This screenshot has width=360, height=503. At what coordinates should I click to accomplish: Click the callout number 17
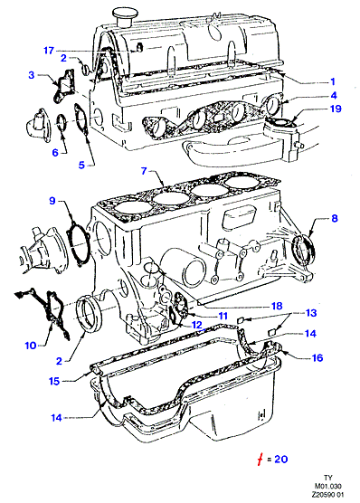tap(49, 51)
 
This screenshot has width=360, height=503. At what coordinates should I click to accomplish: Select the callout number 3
tap(31, 75)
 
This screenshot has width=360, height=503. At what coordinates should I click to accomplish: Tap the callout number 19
tap(336, 109)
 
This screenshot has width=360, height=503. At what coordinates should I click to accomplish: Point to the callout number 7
tap(145, 171)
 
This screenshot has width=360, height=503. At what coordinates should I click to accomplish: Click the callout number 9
tap(52, 201)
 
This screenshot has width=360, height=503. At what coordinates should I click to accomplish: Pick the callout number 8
tap(335, 218)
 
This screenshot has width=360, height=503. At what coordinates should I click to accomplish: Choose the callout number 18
tap(277, 306)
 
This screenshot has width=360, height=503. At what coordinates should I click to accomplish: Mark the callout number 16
tap(317, 357)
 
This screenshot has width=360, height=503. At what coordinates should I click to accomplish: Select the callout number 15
tap(54, 382)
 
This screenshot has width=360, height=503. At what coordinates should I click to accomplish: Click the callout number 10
tap(31, 346)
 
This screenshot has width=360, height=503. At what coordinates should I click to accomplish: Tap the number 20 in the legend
tap(281, 459)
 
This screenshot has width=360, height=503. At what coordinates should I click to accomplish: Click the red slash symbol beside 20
tap(261, 460)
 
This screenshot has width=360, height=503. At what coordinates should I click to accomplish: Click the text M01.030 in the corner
tap(328, 486)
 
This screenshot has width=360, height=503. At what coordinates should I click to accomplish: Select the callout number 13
tap(311, 313)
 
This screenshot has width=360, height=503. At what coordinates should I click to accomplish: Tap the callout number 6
tap(55, 153)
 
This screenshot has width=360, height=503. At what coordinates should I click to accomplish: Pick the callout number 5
tap(81, 166)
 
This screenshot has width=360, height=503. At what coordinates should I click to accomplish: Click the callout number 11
tap(223, 316)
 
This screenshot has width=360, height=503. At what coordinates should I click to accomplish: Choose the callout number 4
tap(334, 95)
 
